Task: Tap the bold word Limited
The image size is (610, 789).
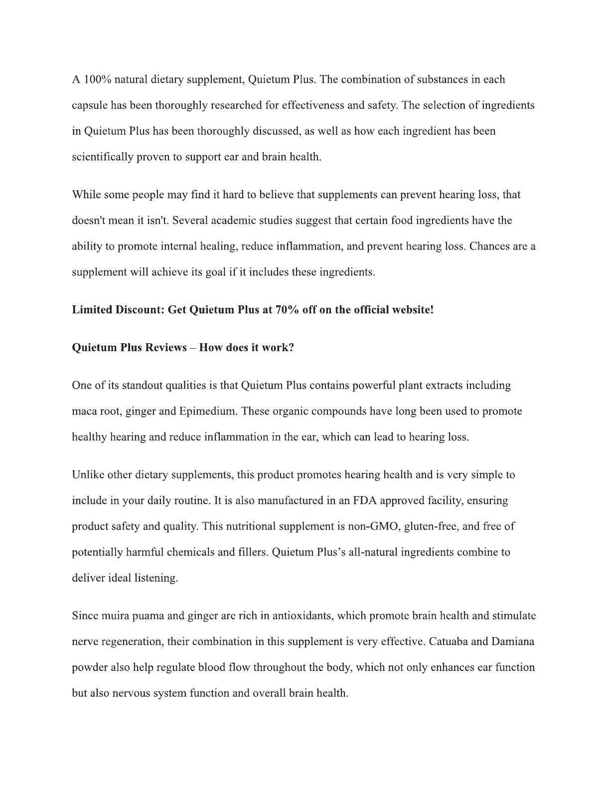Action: point(92,310)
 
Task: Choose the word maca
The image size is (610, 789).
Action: point(84,411)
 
